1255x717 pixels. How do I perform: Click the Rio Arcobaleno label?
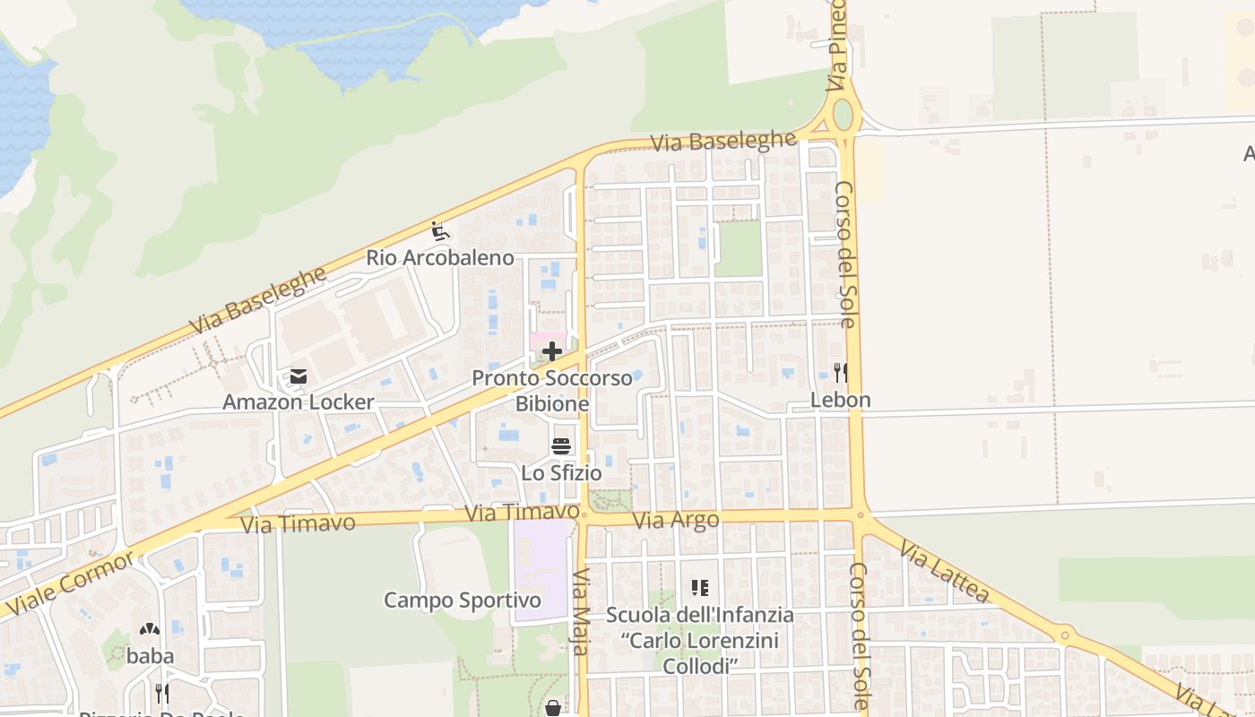tap(440, 258)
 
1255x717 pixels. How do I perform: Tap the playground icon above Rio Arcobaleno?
tap(439, 231)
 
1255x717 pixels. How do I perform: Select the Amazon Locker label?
tap(298, 402)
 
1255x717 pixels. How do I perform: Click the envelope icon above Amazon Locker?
tap(298, 376)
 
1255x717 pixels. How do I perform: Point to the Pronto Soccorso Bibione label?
tap(552, 391)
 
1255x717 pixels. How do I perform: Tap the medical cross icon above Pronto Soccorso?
tap(552, 351)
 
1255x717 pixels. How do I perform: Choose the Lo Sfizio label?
tap(561, 472)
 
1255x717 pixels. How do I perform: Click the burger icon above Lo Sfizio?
tap(561, 446)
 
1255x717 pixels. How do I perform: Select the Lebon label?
tap(840, 400)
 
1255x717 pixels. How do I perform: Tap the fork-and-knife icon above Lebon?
tap(840, 372)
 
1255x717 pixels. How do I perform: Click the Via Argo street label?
tap(675, 521)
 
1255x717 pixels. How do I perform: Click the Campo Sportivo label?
tap(463, 600)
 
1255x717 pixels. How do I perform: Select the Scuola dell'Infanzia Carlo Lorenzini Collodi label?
tap(699, 640)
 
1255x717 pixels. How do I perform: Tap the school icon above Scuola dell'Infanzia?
tap(699, 588)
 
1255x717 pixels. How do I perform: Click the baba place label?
tap(150, 655)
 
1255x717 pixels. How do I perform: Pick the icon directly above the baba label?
tap(150, 629)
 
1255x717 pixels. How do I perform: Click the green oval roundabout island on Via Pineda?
tap(843, 115)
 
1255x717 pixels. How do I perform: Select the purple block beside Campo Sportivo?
tap(541, 570)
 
